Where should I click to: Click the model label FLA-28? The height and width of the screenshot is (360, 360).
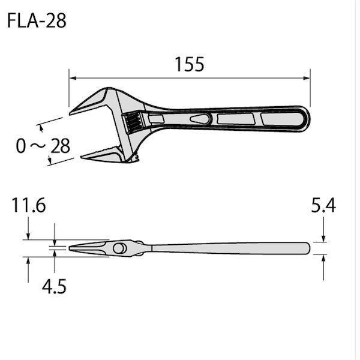[x=37, y=20]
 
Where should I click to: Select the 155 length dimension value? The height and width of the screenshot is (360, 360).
[x=190, y=64]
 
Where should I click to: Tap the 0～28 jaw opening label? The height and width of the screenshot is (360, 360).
[x=43, y=146]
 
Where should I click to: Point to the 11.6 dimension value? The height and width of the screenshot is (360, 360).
[x=28, y=205]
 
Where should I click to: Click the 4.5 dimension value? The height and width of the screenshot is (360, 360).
[x=54, y=286]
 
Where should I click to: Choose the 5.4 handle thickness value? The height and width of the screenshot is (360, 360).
[x=323, y=205]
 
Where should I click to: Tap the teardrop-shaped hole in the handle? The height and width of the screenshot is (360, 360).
[x=200, y=119]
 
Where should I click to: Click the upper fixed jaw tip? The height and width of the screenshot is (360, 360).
[x=70, y=113]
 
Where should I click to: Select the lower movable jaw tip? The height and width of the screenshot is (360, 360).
[x=82, y=157]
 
